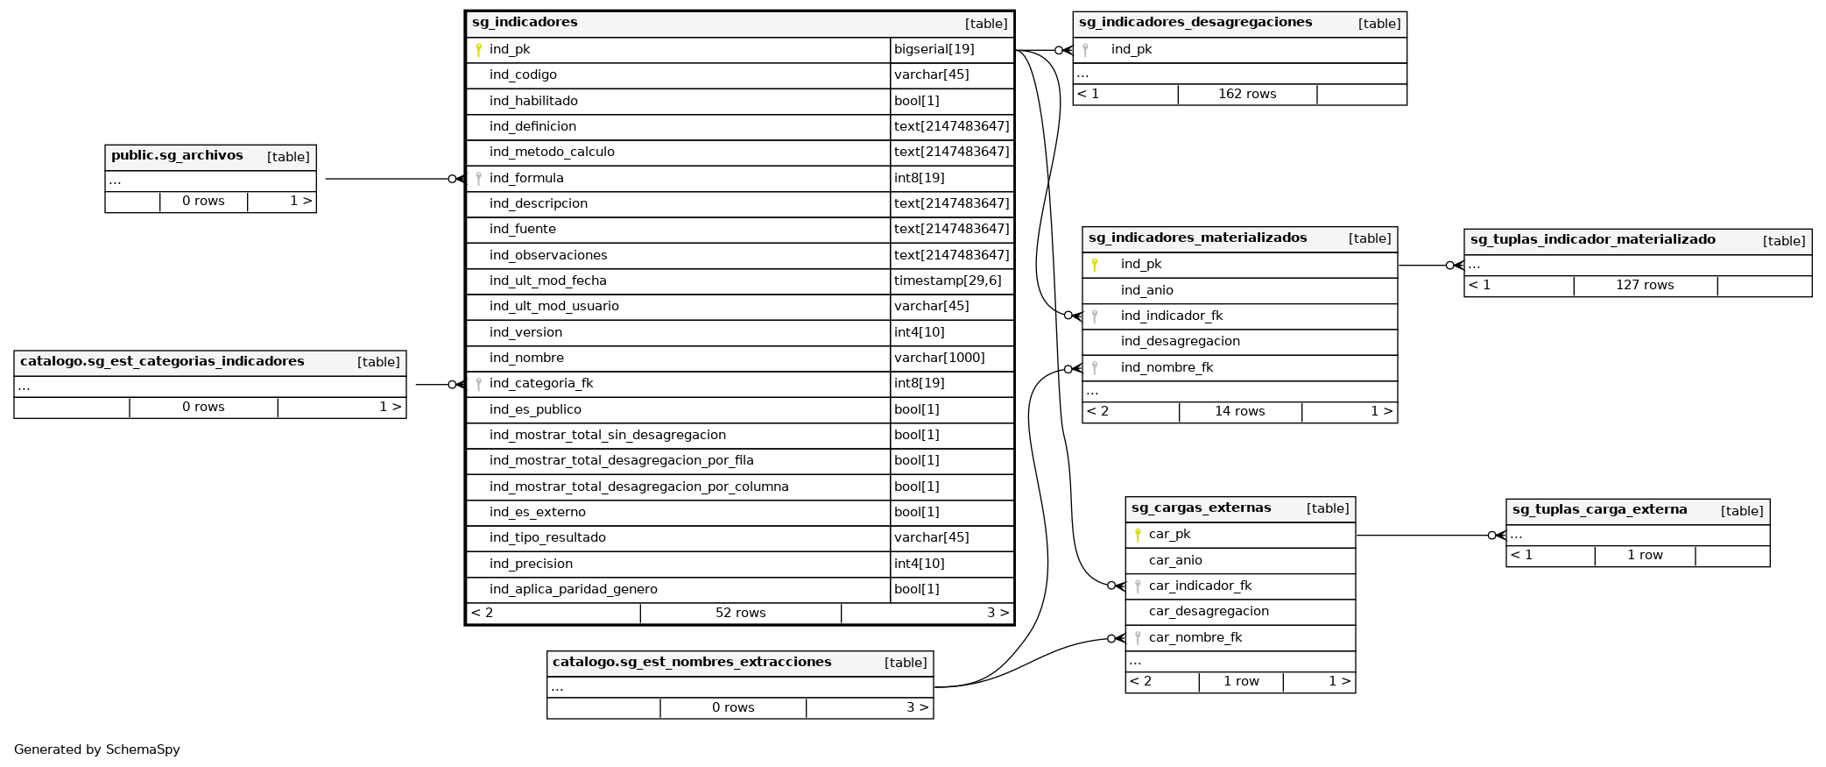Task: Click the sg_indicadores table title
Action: pos(525,23)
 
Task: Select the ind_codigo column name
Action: pos(523,75)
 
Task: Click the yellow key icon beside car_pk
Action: pos(1138,535)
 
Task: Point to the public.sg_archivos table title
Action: pos(177,156)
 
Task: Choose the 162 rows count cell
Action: pos(1247,95)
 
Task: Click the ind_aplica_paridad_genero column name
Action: pos(573,590)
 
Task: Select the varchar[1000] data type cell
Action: pos(939,359)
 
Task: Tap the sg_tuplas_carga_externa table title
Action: pos(1599,510)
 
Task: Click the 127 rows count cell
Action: pos(1645,286)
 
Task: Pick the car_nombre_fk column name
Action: pos(1195,638)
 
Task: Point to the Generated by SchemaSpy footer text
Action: pos(97,750)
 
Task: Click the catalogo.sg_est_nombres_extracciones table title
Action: pos(692,663)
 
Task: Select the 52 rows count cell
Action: pos(740,614)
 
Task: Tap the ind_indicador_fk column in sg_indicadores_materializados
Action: pos(1172,316)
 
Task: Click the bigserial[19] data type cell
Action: pos(934,50)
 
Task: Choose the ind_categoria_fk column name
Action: pos(541,384)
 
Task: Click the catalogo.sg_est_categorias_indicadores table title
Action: pos(162,362)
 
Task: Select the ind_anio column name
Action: pos(1147,291)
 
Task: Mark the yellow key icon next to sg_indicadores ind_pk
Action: pos(478,50)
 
